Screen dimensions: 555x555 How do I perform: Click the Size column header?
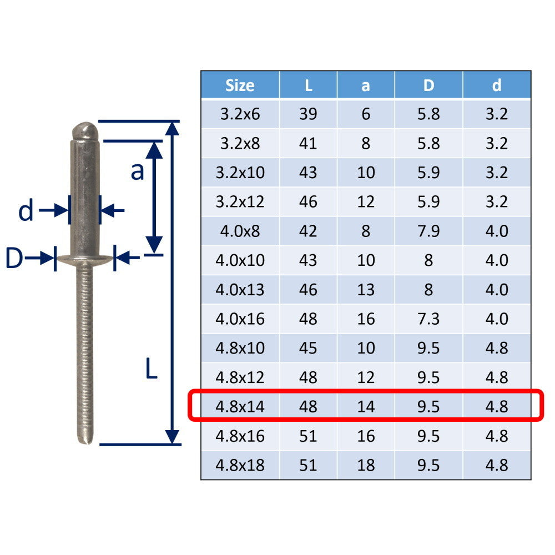click(240, 85)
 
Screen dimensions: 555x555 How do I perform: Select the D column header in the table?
click(428, 85)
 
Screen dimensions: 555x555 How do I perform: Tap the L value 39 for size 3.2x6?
click(308, 114)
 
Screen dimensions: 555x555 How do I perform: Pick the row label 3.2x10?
click(240, 173)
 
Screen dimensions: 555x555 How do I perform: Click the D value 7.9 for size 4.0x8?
click(428, 231)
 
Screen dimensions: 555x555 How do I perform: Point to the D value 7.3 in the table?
click(428, 319)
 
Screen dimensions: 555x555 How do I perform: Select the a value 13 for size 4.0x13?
click(366, 290)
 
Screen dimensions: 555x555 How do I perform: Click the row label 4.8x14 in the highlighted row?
click(240, 407)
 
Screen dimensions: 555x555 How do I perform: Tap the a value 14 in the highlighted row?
click(366, 407)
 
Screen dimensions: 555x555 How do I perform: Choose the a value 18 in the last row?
click(366, 465)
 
